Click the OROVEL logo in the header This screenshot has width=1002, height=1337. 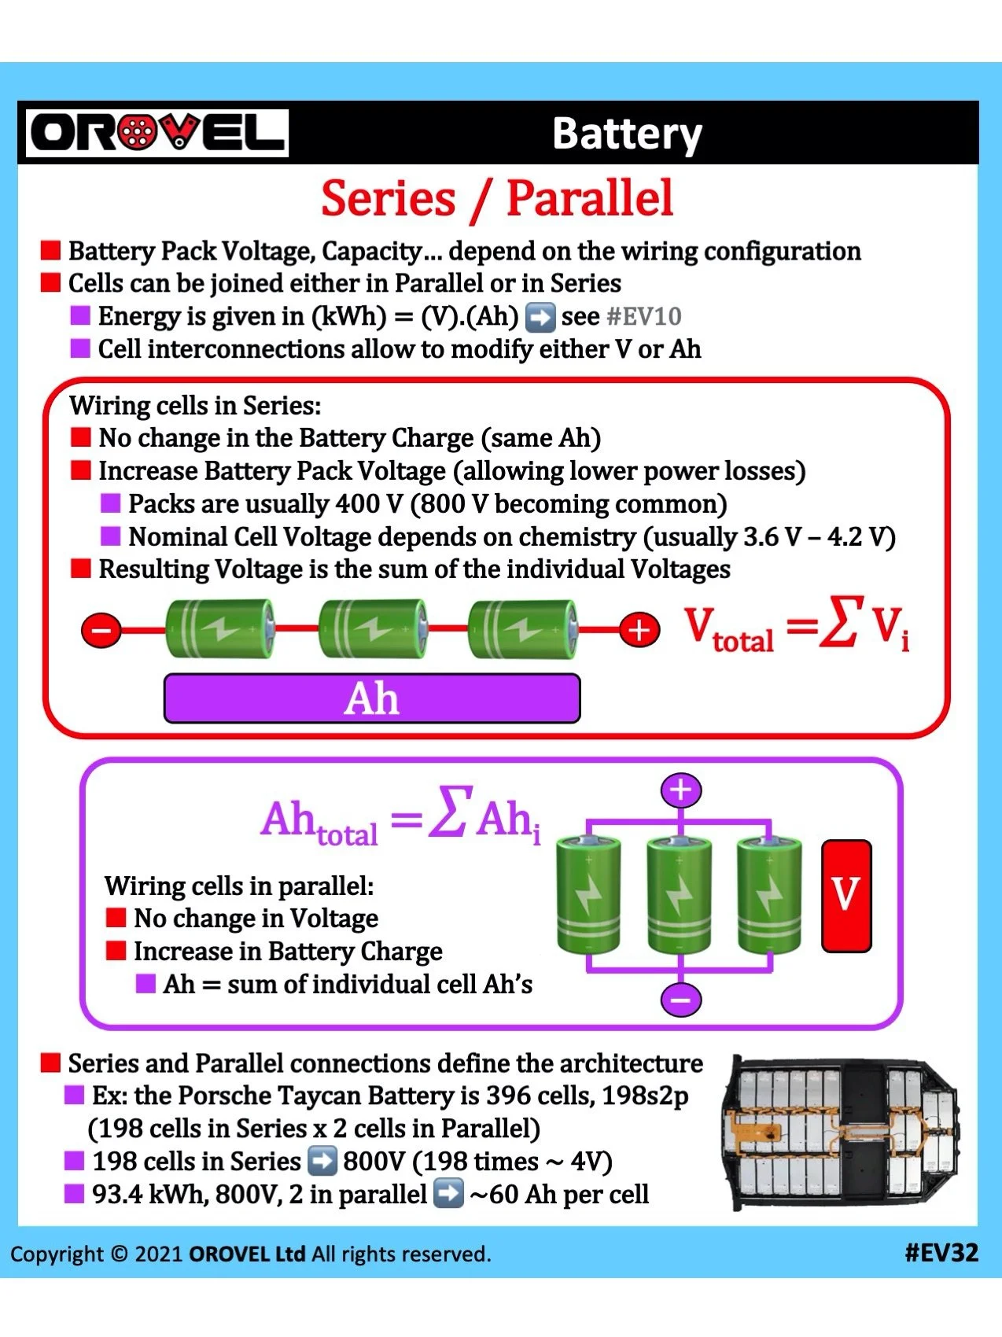[157, 133]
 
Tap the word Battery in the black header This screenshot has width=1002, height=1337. [626, 134]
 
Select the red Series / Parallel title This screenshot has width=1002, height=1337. [497, 198]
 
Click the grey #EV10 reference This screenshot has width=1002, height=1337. [644, 316]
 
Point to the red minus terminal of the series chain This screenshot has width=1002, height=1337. [101, 630]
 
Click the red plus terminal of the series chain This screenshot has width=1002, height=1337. [639, 630]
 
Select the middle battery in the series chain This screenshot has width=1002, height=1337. [373, 628]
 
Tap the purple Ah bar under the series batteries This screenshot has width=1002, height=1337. [372, 698]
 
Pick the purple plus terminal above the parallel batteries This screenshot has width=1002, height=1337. [681, 790]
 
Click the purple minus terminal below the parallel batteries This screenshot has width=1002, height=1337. [681, 1000]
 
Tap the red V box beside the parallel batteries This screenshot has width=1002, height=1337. [846, 896]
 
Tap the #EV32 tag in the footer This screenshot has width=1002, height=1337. [941, 1252]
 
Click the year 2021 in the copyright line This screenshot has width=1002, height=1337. [158, 1254]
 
